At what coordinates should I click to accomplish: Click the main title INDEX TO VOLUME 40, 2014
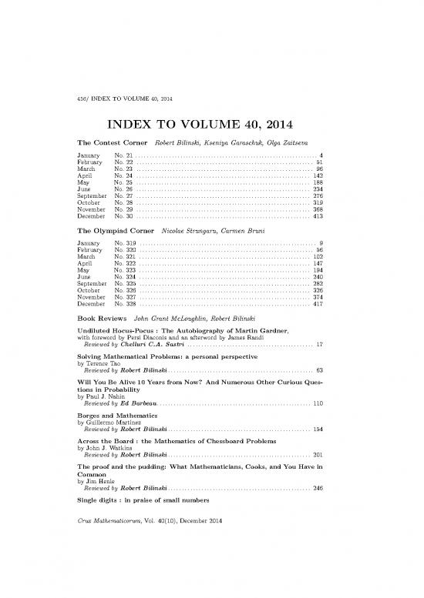pos(211,125)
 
